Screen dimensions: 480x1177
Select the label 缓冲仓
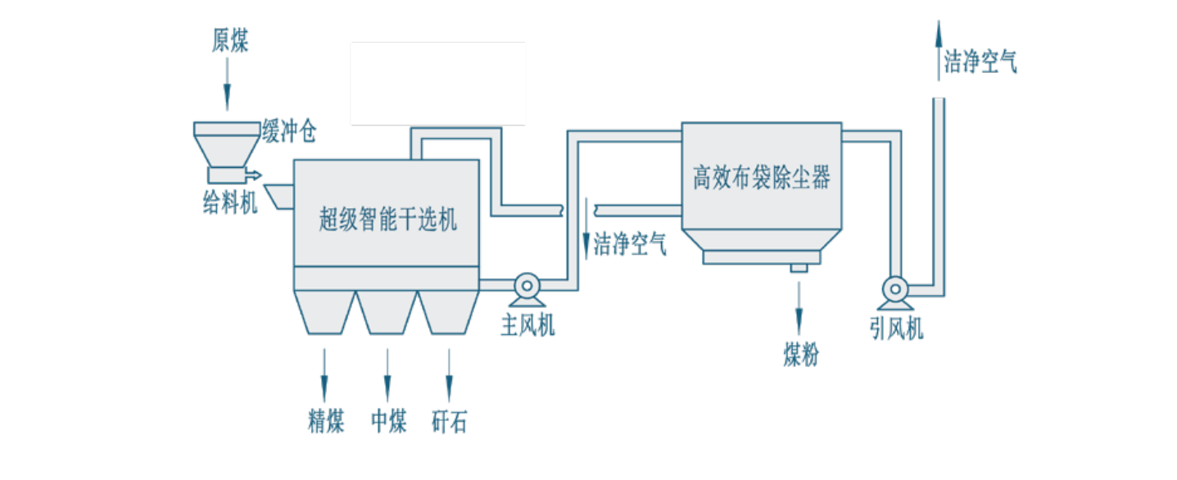pos(288,131)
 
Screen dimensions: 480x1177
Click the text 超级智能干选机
pos(387,220)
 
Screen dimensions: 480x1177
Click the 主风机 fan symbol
pos(524,286)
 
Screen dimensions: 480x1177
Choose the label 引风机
pos(896,329)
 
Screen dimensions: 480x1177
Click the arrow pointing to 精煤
pos(324,374)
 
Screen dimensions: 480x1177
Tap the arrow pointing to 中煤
pos(387,374)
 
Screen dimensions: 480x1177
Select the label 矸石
pos(450,421)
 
